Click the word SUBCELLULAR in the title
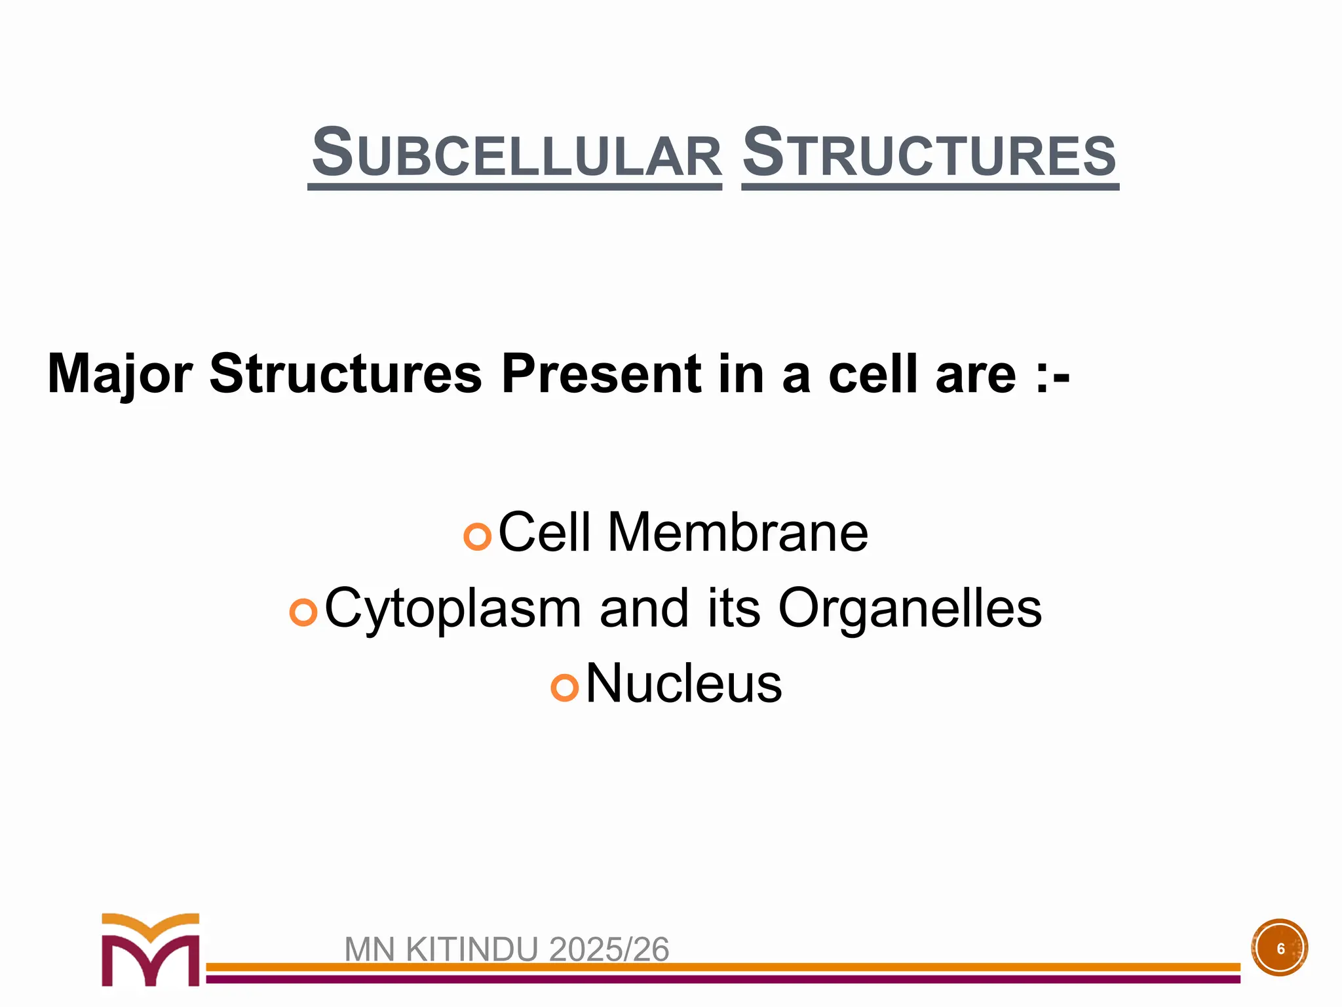click(x=516, y=153)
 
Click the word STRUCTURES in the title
click(x=929, y=153)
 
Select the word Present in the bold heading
click(x=600, y=374)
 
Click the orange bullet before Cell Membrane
click(x=477, y=536)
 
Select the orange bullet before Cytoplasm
click(x=303, y=612)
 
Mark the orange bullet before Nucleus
click(x=564, y=688)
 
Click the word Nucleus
click(x=683, y=684)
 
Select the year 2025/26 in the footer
click(x=609, y=949)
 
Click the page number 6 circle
click(x=1280, y=948)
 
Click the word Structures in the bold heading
click(x=345, y=374)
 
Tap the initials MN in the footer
click(x=370, y=949)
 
